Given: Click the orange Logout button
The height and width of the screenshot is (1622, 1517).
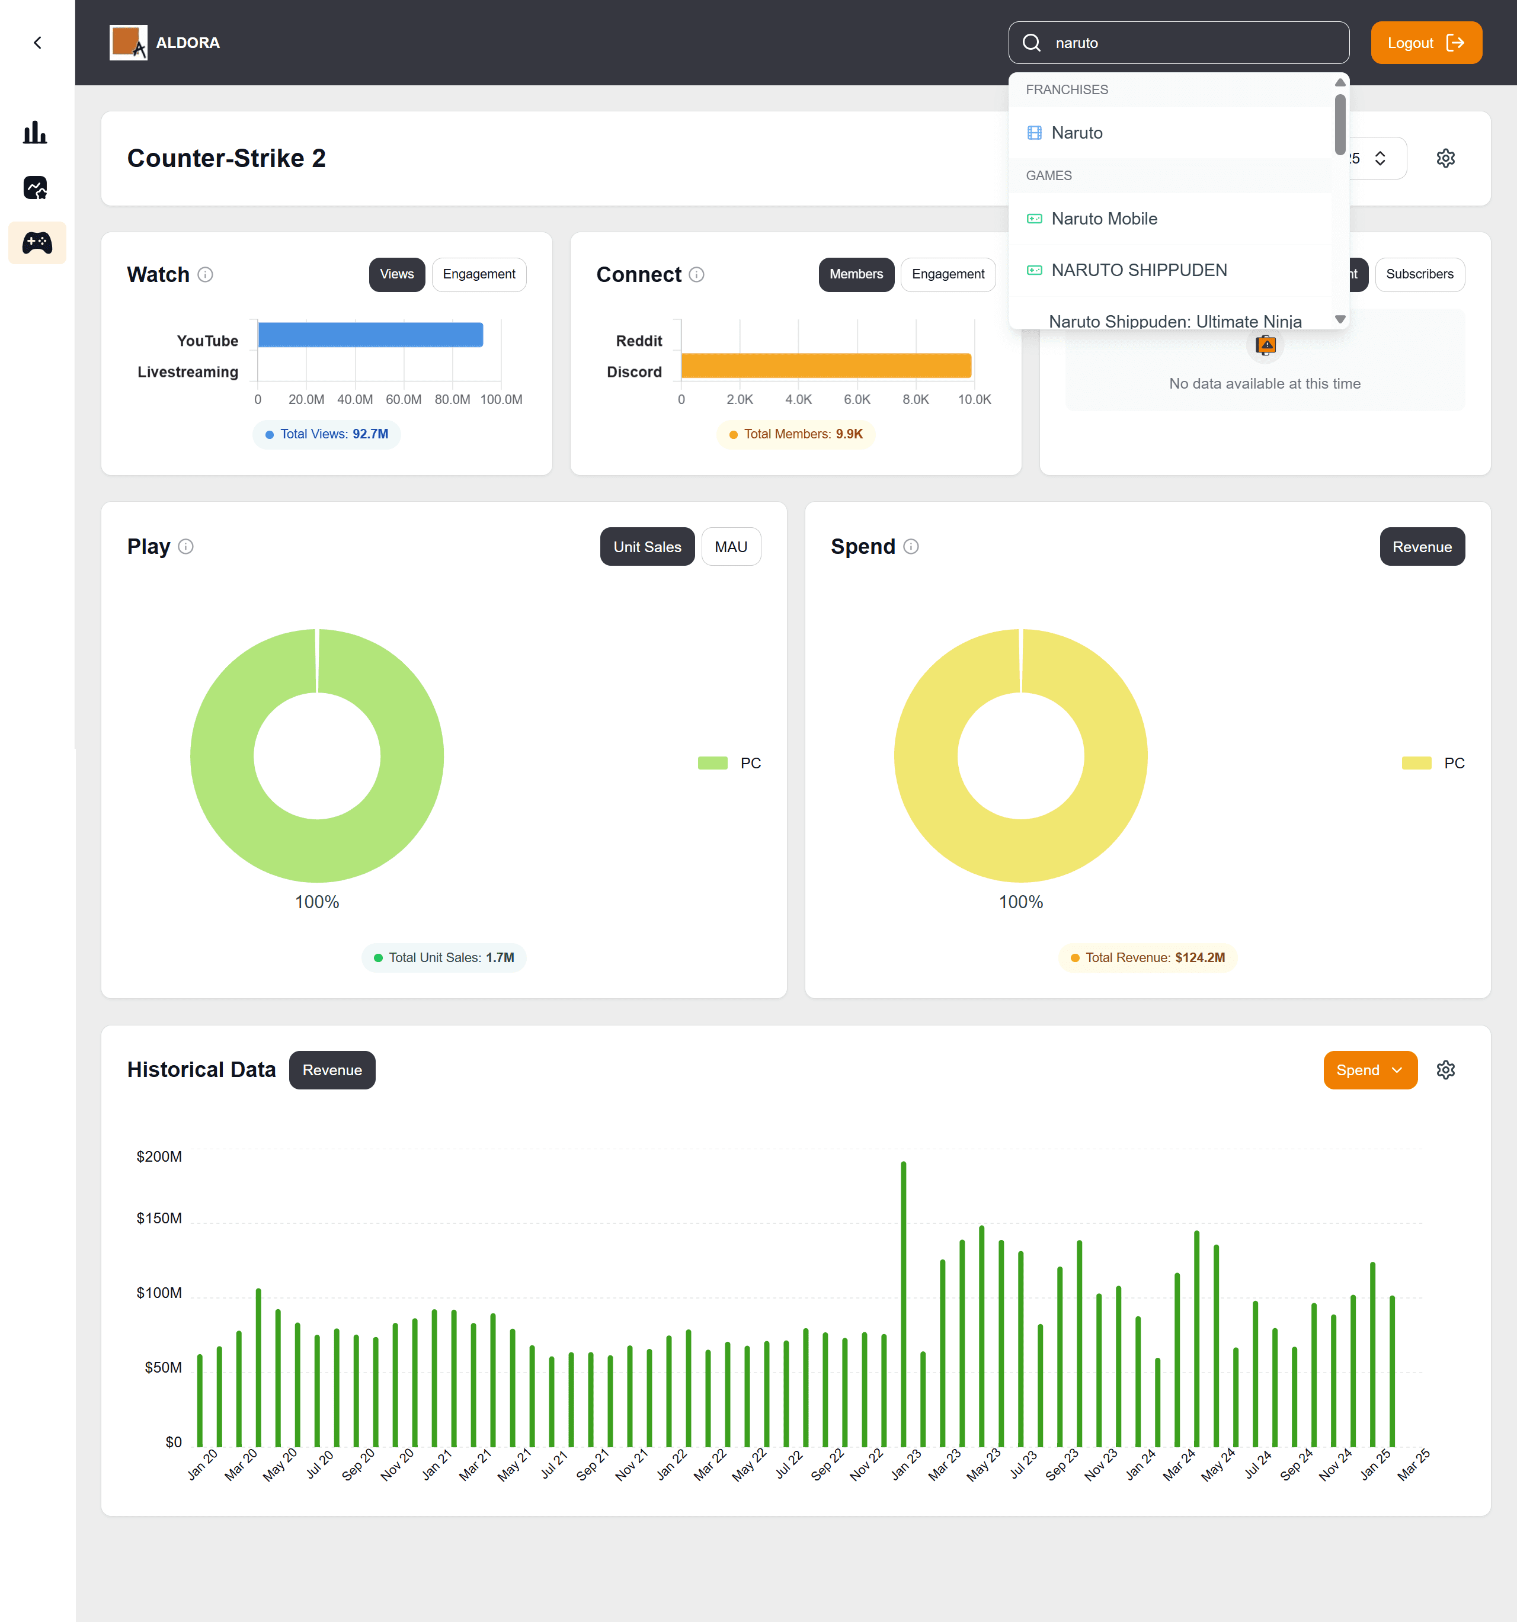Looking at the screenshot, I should click(1426, 43).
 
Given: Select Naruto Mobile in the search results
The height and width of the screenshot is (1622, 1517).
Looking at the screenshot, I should click(1103, 219).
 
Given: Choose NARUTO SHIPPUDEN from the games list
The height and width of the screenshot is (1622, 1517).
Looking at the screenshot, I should click(1138, 270).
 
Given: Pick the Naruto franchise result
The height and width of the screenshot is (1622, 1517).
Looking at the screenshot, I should click(1076, 133).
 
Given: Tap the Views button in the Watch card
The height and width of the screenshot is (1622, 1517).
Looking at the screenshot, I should click(396, 274).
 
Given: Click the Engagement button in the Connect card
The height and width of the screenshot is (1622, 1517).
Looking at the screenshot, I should click(948, 274).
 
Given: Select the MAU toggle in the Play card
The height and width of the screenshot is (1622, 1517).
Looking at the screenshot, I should click(730, 547).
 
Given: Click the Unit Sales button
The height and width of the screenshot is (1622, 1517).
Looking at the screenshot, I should click(647, 547).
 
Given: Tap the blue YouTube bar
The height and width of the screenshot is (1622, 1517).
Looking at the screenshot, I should click(370, 335).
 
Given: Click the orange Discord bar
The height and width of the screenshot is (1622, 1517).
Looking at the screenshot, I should click(826, 366).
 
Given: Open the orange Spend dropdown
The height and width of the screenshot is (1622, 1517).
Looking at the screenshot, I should click(1369, 1070).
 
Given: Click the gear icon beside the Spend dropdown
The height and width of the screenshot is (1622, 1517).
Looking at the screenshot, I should click(1445, 1070).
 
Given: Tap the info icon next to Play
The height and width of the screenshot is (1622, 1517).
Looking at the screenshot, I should click(186, 547).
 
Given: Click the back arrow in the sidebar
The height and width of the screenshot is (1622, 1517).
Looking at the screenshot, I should click(37, 43).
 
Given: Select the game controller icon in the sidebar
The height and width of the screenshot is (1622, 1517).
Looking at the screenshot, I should click(37, 242).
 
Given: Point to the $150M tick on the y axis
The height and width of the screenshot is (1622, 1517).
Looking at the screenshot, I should click(159, 1218).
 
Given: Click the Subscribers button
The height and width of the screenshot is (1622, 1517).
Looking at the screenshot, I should click(1419, 274).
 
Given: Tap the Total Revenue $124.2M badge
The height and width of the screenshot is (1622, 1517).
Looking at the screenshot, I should click(1147, 957).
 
